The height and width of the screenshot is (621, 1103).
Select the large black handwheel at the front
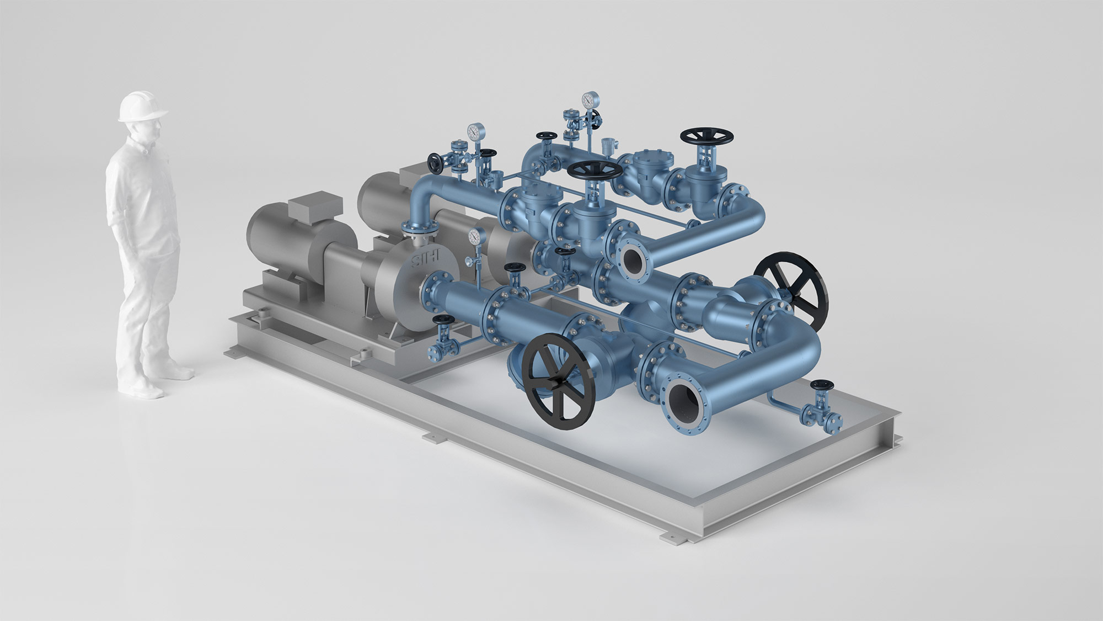point(560,381)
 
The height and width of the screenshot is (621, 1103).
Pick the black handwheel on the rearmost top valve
point(707,136)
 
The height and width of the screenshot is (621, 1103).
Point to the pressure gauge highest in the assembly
point(590,100)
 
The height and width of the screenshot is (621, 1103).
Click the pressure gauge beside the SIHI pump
point(474,236)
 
